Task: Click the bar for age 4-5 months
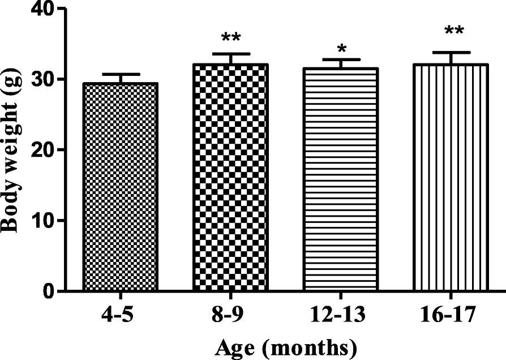(x=120, y=187)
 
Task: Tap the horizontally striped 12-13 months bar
(x=341, y=180)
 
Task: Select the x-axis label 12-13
(x=341, y=313)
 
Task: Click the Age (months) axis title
(x=285, y=345)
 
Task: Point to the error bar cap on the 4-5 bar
(x=120, y=74)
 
